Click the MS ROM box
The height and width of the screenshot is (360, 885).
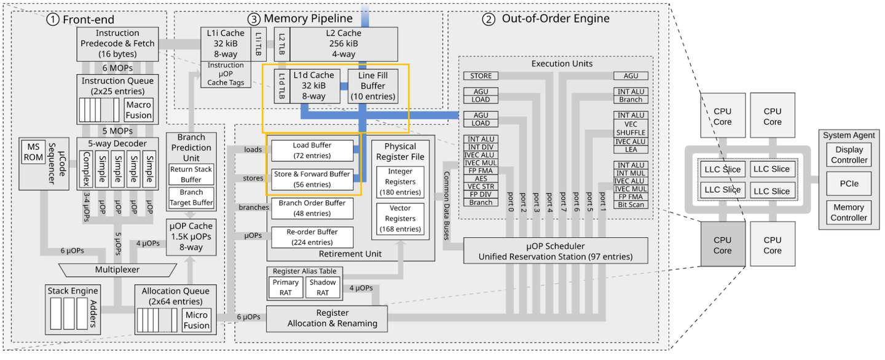(32, 152)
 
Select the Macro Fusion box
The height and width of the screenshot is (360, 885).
(139, 110)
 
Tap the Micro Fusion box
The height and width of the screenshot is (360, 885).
(196, 320)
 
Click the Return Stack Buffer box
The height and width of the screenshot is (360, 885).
(191, 174)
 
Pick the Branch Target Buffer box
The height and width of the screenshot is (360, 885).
(191, 197)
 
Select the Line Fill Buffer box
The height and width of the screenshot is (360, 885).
(373, 86)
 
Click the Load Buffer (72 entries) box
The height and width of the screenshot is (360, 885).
(312, 151)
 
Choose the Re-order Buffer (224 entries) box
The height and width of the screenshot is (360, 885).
(312, 237)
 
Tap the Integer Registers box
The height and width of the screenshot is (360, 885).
(400, 181)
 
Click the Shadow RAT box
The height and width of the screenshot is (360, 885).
(323, 288)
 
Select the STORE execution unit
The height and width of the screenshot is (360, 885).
(481, 76)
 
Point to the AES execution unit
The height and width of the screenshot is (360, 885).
(481, 178)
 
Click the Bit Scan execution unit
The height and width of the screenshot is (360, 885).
(631, 205)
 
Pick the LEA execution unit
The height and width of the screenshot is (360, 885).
(631, 149)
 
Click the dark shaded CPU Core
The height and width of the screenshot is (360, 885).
(722, 245)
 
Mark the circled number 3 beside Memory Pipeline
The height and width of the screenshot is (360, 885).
(253, 19)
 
